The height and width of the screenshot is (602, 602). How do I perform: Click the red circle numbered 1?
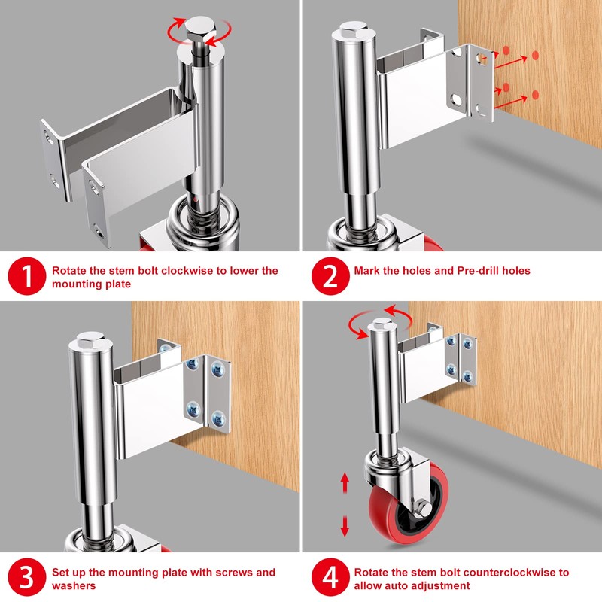click(x=27, y=276)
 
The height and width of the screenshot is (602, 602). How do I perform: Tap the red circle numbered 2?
click(x=330, y=276)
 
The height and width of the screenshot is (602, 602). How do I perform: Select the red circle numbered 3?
click(x=27, y=577)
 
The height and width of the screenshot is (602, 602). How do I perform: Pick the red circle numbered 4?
click(x=330, y=577)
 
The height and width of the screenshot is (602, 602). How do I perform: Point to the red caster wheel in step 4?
click(x=408, y=503)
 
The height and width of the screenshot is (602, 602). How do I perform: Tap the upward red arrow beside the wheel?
click(x=345, y=482)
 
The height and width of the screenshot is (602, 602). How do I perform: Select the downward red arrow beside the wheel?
click(x=345, y=525)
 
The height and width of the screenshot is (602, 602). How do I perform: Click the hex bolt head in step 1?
click(x=201, y=28)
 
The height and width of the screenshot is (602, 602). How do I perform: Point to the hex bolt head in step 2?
click(x=354, y=29)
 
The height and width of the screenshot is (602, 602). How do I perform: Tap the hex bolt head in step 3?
click(x=90, y=340)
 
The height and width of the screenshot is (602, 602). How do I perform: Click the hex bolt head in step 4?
click(x=382, y=324)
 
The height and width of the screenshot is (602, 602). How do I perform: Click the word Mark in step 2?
click(x=366, y=271)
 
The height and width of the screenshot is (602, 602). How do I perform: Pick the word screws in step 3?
click(x=234, y=573)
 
